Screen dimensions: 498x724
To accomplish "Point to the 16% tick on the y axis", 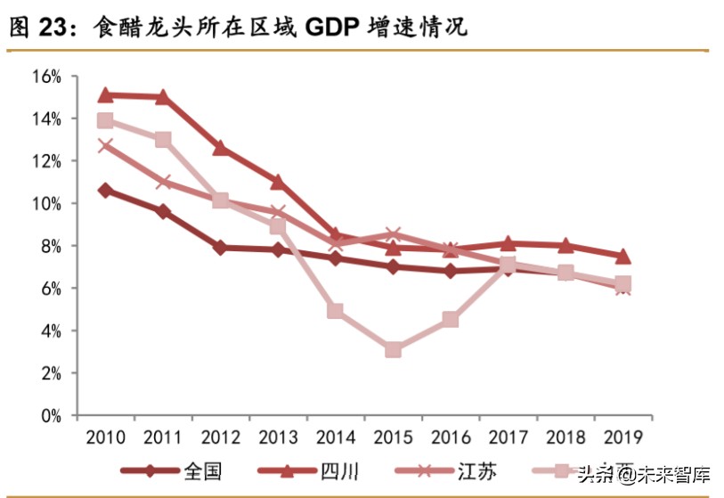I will pos(45,77).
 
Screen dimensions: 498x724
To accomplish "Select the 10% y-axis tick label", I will pos(45,204).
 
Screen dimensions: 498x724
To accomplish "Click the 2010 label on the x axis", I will pos(105,437).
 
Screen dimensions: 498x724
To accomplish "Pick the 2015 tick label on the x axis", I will pos(393,437).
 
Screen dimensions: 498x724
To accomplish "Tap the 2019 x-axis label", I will pos(622,437).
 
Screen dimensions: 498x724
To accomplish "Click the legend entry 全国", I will pos(202,471).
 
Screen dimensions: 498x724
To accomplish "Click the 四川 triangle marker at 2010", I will pos(105,94).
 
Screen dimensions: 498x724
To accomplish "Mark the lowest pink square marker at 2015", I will pos(393,350).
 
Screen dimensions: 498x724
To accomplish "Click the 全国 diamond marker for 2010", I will pos(105,190).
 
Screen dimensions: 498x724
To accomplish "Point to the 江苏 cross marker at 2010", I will pos(105,146).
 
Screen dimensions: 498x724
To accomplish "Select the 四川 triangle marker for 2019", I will pos(622,257).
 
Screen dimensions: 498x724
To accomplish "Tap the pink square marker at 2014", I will pos(335,311).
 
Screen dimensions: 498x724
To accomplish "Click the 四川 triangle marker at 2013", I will pos(278,182).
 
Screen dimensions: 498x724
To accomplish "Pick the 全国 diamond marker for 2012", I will pos(220,248).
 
